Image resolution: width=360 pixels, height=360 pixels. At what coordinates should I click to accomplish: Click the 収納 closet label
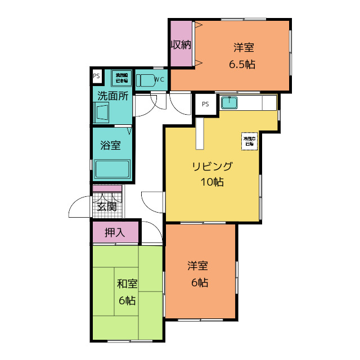click(x=181, y=44)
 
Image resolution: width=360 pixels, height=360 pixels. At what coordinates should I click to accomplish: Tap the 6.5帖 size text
click(x=242, y=64)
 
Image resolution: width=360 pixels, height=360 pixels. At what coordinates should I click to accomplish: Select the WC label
click(x=159, y=79)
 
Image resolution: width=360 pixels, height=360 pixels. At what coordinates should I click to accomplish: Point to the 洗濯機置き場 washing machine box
click(x=121, y=78)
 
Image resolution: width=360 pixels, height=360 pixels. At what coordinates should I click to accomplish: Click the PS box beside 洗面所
click(x=96, y=76)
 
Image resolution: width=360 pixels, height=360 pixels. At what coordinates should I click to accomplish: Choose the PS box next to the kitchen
click(x=205, y=103)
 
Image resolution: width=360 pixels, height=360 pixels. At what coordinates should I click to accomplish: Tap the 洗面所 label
click(x=113, y=95)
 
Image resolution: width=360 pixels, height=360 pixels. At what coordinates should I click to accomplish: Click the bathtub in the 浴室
click(x=112, y=169)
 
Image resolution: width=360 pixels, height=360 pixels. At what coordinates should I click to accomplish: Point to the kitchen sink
click(x=229, y=103)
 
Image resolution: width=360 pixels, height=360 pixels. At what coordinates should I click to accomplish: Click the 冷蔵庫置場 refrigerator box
click(x=249, y=141)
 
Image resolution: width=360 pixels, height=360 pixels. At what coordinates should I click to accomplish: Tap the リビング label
click(x=211, y=166)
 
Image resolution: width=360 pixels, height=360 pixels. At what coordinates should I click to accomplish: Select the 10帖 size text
click(x=211, y=182)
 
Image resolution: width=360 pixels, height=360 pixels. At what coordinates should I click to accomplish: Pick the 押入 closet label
click(x=115, y=232)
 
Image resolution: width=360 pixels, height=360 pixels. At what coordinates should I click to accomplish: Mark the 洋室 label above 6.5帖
click(x=242, y=48)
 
